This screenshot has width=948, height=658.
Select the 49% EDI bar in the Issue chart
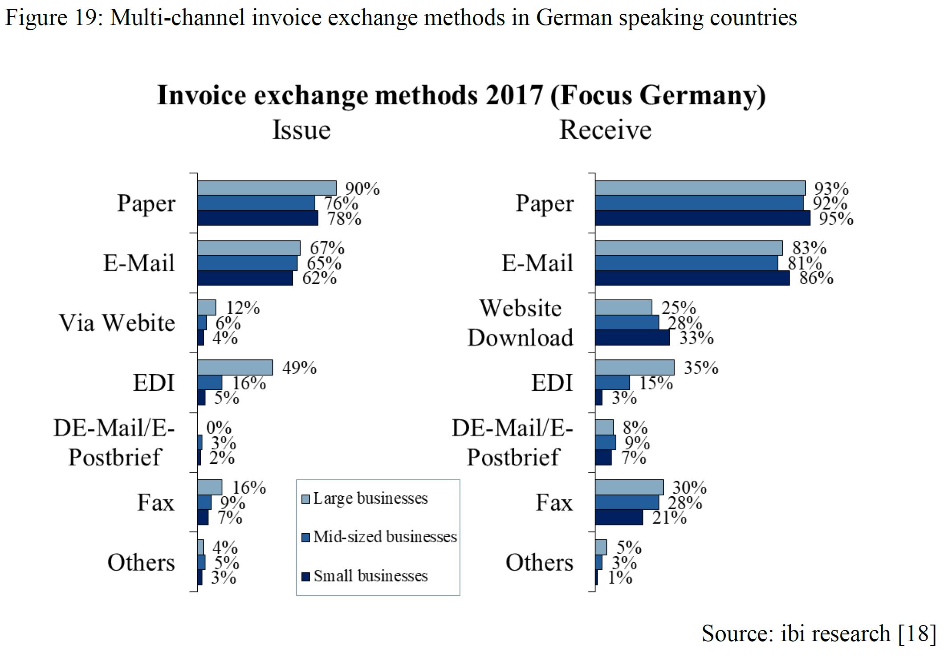coord(235,368)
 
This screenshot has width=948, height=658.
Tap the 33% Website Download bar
coord(632,338)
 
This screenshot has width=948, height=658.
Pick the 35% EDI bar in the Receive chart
coord(634,368)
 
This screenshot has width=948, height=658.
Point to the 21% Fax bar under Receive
coord(618,518)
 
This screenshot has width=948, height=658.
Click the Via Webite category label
coord(117,323)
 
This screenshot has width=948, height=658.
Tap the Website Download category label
coord(520,323)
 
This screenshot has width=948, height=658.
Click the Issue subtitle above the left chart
coord(301,130)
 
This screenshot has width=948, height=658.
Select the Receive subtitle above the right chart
coord(605,130)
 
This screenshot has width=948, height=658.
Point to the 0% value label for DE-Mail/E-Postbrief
coord(219,428)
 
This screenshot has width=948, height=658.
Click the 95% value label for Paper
coord(836,219)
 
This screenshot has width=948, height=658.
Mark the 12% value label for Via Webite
coord(243,308)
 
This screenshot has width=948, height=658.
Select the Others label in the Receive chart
coord(539,562)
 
